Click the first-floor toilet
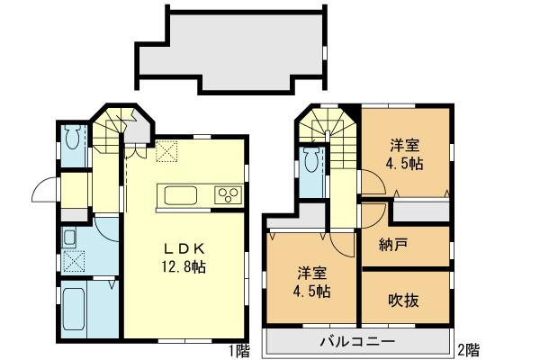72,140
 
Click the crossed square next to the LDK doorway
166,153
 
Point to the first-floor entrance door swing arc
41,190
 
